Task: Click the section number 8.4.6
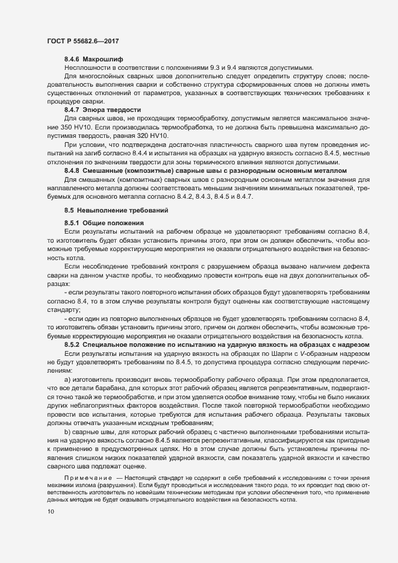[72, 60]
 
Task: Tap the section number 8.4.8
[72, 170]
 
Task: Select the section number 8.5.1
[72, 224]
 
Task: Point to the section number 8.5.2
[72, 343]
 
